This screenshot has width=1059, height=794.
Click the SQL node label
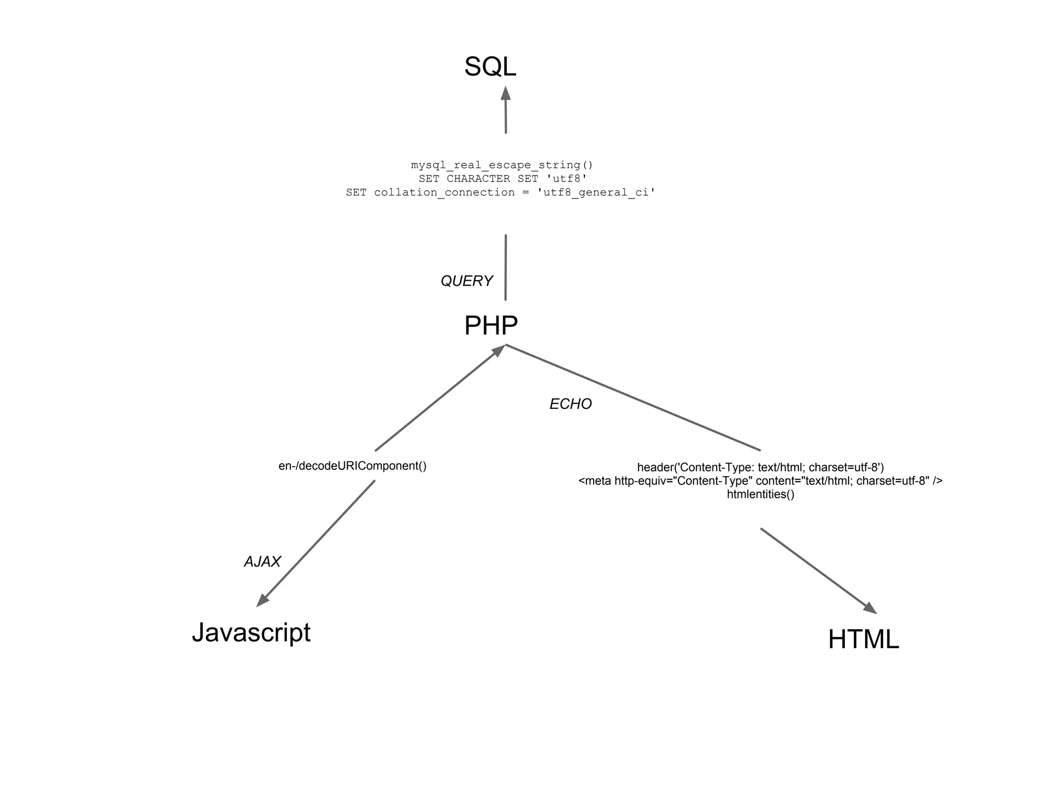point(490,67)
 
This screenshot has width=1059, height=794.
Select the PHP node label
point(491,326)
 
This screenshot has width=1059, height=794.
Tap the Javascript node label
point(251,632)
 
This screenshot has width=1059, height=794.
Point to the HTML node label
point(864,639)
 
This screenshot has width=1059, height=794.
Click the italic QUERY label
point(466,281)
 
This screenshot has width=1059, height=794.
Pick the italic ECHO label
point(570,404)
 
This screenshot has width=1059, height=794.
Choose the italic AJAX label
point(262,562)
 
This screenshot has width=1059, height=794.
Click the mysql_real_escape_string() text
point(502,165)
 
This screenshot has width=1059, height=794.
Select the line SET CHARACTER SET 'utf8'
point(503,179)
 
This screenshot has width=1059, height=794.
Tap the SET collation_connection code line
point(501,192)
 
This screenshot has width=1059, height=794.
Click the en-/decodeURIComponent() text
point(352,466)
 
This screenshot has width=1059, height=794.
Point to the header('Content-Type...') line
point(760,467)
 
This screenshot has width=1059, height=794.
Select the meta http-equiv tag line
point(760,481)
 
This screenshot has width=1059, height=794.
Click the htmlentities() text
point(760,494)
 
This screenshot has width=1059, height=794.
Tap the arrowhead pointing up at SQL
point(506,94)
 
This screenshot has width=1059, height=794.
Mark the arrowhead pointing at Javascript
point(263,601)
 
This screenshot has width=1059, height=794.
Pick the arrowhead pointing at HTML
point(870,608)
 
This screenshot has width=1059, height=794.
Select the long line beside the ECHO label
point(633,398)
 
